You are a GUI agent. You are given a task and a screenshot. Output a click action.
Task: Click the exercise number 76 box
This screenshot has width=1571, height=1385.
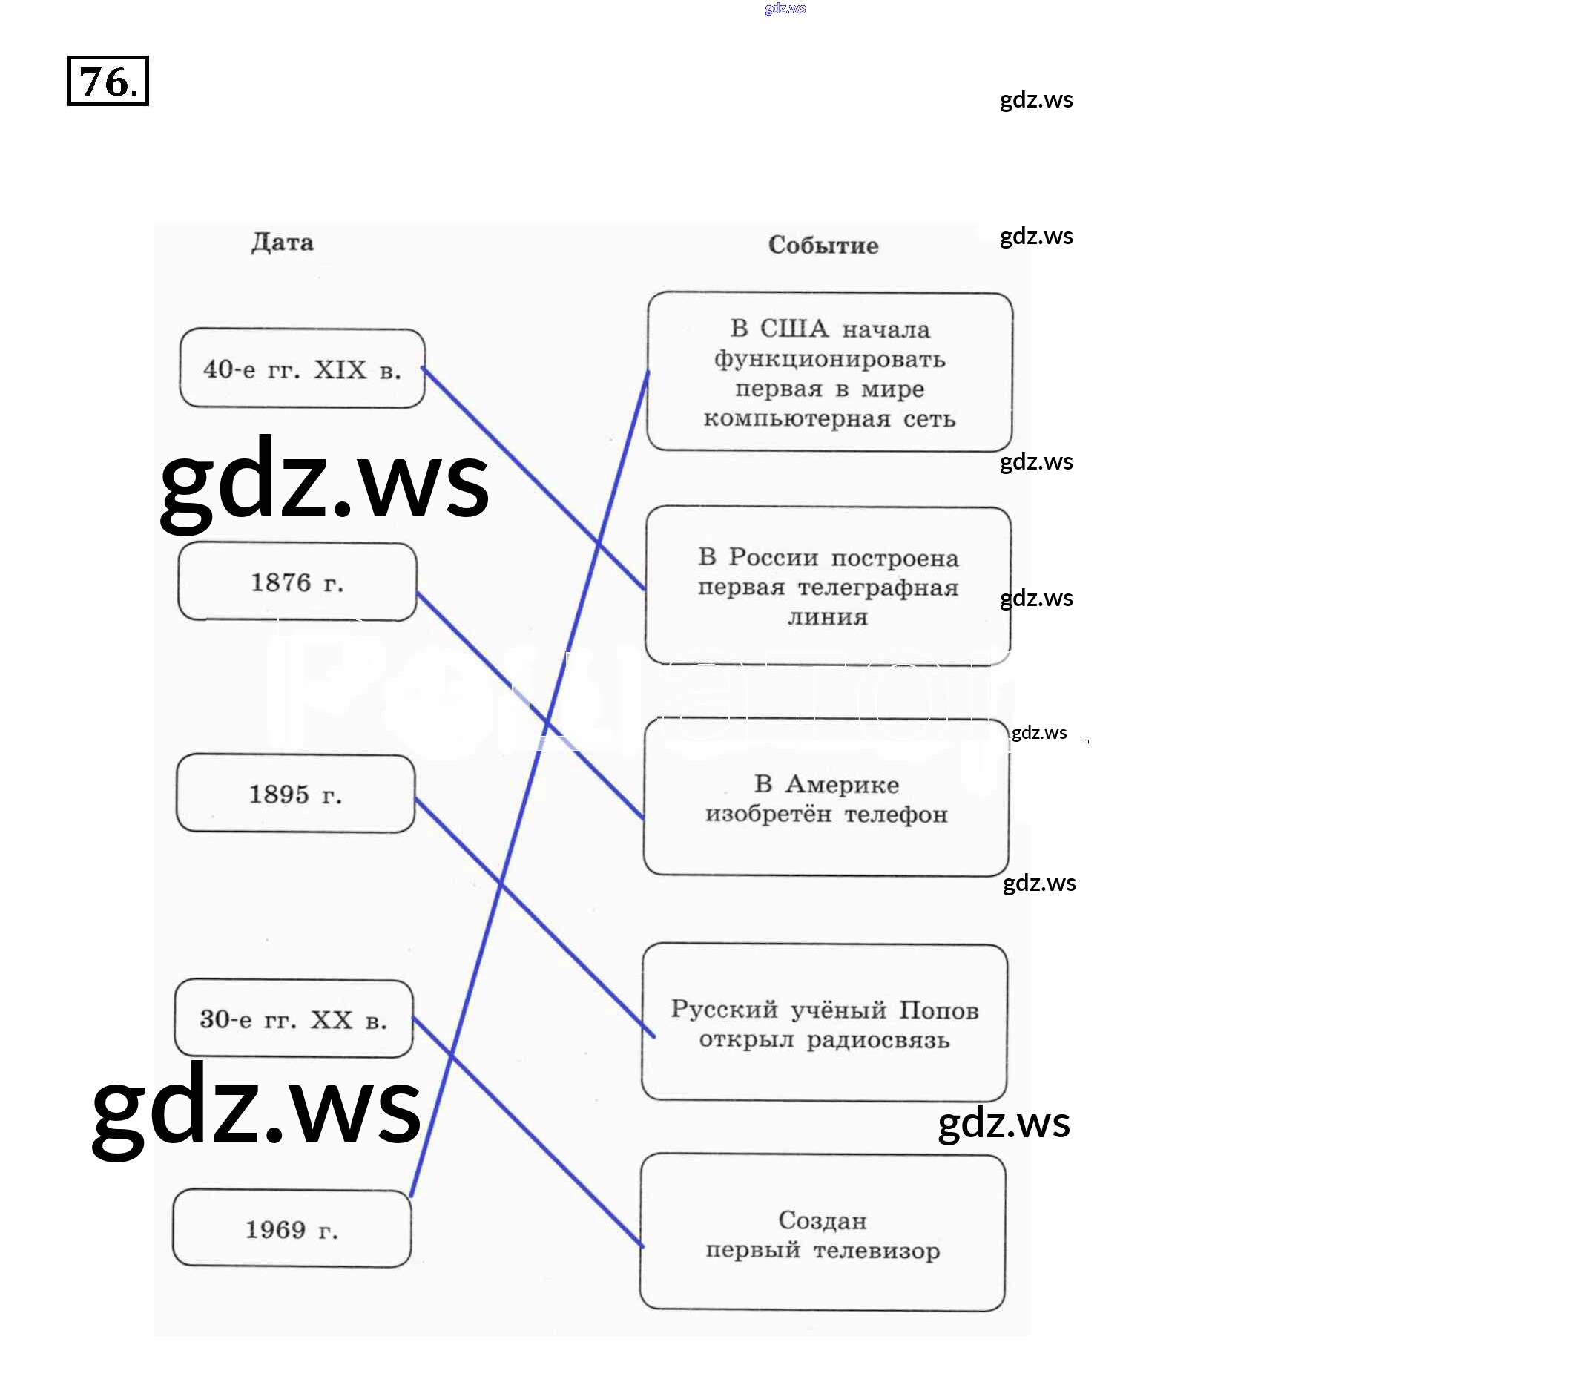tap(108, 81)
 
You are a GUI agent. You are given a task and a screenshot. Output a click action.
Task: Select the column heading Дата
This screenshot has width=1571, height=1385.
tap(282, 243)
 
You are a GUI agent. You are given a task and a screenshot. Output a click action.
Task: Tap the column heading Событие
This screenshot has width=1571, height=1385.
tap(823, 246)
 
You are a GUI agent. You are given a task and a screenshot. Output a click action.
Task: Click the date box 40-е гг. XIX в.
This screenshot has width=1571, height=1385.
tap(302, 369)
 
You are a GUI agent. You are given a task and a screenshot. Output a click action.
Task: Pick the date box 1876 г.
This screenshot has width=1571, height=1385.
tap(297, 582)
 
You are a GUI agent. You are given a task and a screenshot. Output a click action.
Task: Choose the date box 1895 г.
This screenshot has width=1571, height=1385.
tap(295, 793)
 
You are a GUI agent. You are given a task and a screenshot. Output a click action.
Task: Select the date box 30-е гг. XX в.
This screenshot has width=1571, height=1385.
tap(293, 1019)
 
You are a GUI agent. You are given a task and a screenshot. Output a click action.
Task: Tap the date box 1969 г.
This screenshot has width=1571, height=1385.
tap(292, 1229)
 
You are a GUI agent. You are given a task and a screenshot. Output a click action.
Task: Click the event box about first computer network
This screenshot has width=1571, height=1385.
tap(829, 372)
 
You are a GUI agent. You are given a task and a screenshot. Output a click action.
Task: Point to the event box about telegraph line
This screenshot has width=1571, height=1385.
tap(828, 585)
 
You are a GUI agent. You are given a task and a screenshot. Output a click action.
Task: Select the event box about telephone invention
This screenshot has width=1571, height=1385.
tap(826, 797)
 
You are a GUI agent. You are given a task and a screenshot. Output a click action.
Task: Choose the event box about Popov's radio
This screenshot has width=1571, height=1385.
tap(824, 1023)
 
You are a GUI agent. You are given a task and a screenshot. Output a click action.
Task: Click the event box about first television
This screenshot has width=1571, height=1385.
tap(823, 1234)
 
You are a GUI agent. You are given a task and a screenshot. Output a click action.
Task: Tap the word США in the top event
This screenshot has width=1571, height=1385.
tap(794, 329)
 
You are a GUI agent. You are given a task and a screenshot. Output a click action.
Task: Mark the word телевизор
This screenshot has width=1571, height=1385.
tap(876, 1251)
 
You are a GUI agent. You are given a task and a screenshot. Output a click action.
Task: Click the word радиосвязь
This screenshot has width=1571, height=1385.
tap(877, 1040)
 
